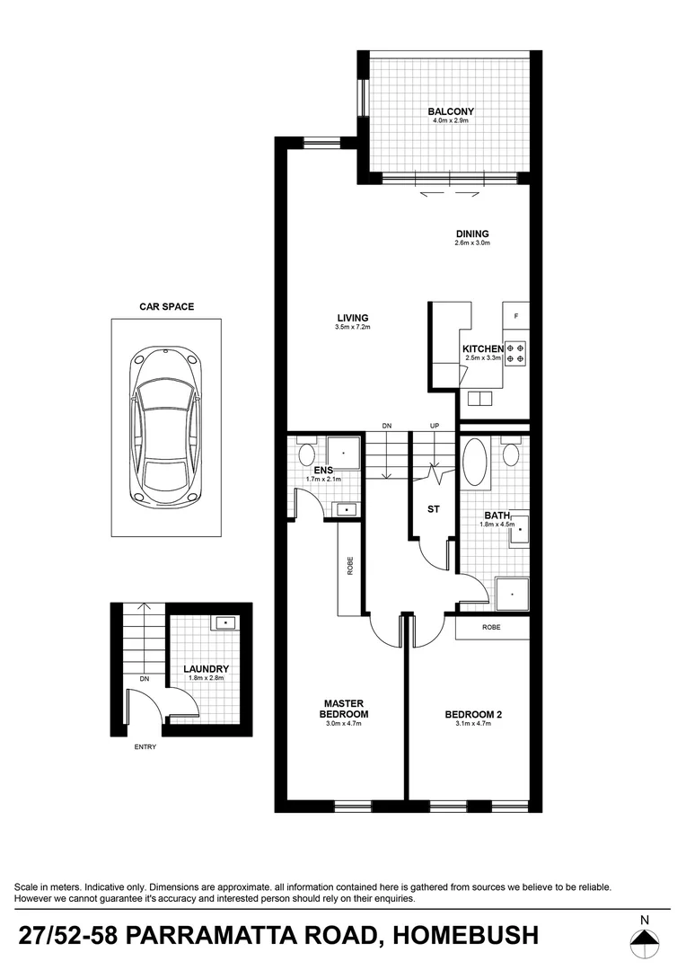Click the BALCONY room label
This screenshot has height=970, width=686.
click(x=451, y=111)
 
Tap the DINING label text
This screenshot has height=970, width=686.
click(x=471, y=234)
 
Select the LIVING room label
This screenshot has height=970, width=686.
click(x=353, y=317)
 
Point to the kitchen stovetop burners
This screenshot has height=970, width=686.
click(x=515, y=353)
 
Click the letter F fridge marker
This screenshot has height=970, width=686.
click(x=515, y=317)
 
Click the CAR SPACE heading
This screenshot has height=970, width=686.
click(x=166, y=306)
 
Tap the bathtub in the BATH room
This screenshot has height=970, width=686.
click(x=475, y=463)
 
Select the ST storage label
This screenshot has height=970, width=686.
click(x=434, y=509)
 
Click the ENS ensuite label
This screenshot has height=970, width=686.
click(x=324, y=470)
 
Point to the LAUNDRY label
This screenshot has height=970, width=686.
click(x=207, y=669)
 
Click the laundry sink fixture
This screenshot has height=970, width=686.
click(x=224, y=622)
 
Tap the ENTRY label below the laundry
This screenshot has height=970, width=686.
click(x=145, y=746)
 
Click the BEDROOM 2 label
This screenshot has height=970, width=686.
click(x=473, y=715)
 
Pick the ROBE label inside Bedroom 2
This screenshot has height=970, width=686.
click(x=491, y=627)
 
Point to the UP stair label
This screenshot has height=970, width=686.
click(x=435, y=425)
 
